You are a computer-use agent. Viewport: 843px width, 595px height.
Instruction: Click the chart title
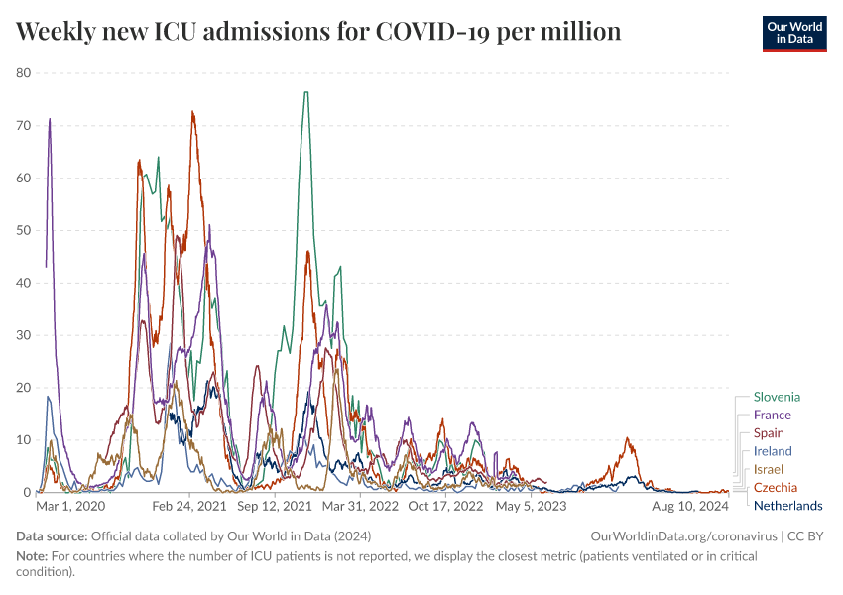318,32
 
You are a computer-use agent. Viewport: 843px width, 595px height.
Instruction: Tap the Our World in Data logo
793,32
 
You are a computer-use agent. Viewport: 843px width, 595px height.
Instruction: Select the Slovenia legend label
777,397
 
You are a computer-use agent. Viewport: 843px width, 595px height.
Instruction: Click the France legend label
772,415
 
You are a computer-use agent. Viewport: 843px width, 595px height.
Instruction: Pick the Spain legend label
769,433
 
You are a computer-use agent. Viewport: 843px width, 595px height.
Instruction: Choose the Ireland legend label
773,451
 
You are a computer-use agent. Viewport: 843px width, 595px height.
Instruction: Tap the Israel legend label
769,469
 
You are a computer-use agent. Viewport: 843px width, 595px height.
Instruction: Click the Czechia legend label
775,487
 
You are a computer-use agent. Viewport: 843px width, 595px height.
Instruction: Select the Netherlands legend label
787,506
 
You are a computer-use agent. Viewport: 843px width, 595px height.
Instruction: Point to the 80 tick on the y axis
24,73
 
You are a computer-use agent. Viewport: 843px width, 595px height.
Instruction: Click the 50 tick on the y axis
24,230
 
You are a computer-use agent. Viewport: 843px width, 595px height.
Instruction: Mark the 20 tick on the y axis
24,388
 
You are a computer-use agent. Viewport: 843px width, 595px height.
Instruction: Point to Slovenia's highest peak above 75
305,92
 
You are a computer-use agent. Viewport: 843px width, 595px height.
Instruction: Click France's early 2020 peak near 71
50,119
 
